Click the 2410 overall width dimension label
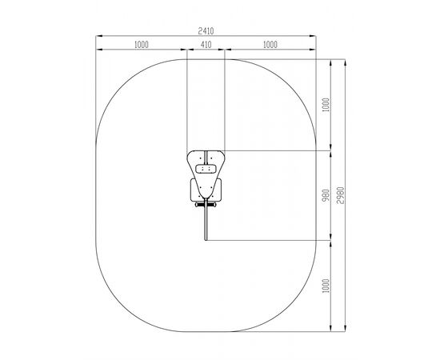pos(206,31)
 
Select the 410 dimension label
pos(206,45)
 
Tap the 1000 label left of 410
pos(141,45)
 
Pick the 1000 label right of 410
pos(270,45)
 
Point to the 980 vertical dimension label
pos(326,195)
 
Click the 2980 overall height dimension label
pos(340,195)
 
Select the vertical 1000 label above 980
pos(326,105)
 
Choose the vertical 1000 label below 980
pos(326,286)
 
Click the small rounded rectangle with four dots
pos(206,169)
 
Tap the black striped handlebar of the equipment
pos(206,205)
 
